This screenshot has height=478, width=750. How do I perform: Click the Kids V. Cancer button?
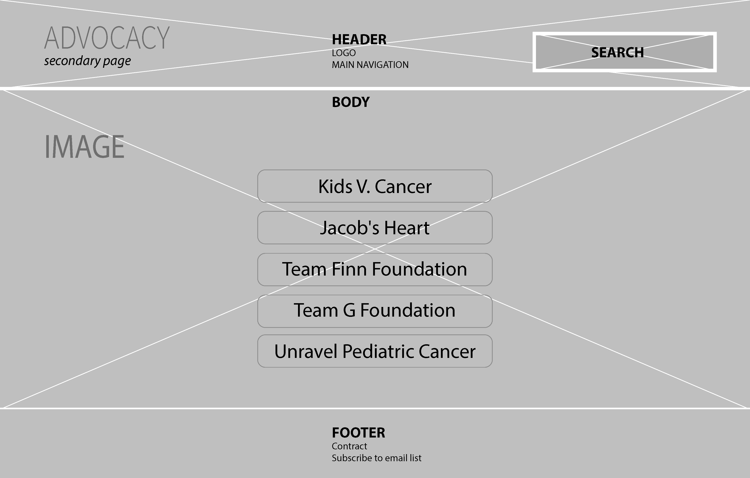[x=375, y=186]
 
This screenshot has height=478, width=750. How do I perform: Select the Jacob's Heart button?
[x=375, y=228]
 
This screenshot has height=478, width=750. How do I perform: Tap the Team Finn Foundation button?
[x=375, y=269]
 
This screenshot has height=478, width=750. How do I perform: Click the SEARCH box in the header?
[x=624, y=52]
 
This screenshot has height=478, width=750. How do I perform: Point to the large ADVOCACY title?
[x=107, y=38]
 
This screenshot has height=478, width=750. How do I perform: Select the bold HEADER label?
[x=359, y=40]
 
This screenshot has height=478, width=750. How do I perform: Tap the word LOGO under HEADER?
[x=343, y=53]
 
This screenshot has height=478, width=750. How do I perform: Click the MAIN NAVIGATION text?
[x=370, y=65]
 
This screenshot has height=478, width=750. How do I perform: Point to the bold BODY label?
[x=351, y=102]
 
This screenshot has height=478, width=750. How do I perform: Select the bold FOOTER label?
[x=358, y=433]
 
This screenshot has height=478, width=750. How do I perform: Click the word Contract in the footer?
[x=349, y=446]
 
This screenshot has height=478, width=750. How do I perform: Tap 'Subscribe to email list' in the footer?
[x=376, y=458]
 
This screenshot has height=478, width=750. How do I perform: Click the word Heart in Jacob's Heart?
[x=407, y=228]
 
